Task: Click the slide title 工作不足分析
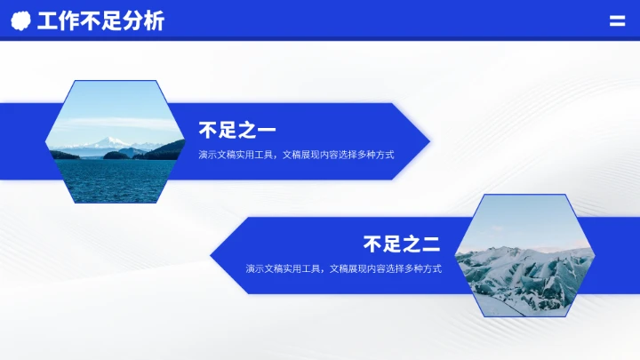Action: point(100,21)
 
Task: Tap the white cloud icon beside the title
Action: point(22,21)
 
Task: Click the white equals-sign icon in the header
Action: point(616,21)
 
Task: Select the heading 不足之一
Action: point(236,131)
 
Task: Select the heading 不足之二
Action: point(402,244)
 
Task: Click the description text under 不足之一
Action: point(296,155)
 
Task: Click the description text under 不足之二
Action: point(343,268)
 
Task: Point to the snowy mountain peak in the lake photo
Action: point(109,140)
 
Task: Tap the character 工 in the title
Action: point(46,21)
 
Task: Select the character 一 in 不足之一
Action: point(266,131)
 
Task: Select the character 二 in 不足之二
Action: point(431,244)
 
